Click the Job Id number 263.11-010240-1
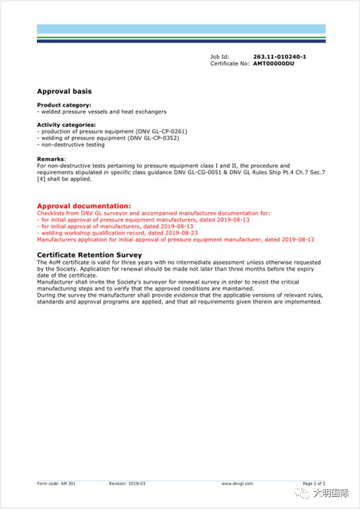coord(280,57)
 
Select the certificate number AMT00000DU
coord(274,63)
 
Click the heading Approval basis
coord(64,91)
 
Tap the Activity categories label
coord(66,125)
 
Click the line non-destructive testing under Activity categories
coord(71,145)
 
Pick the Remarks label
coord(51,159)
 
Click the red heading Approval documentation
coord(83,206)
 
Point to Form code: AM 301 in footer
coord(57,484)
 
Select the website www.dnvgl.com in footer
coord(237,484)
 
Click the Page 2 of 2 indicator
coord(314,484)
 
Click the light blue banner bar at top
coord(181,29)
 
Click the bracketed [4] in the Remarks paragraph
coord(41,179)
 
